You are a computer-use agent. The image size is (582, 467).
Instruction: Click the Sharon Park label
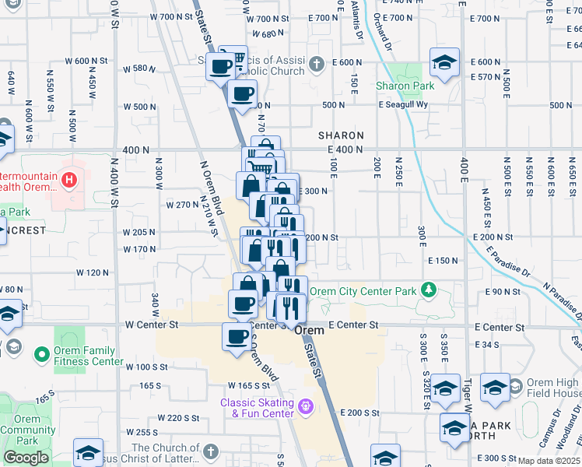tap(405, 86)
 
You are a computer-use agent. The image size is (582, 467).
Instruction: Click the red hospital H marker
tap(70, 181)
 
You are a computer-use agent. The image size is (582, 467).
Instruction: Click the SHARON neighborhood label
tap(341, 135)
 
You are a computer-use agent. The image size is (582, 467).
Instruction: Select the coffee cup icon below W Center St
tap(237, 337)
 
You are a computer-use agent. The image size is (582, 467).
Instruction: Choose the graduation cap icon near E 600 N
tap(444, 63)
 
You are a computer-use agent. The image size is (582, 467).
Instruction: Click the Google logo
tap(26, 458)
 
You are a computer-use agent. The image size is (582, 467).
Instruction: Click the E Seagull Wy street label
tap(404, 105)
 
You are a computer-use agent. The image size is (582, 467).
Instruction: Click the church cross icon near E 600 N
tap(316, 63)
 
